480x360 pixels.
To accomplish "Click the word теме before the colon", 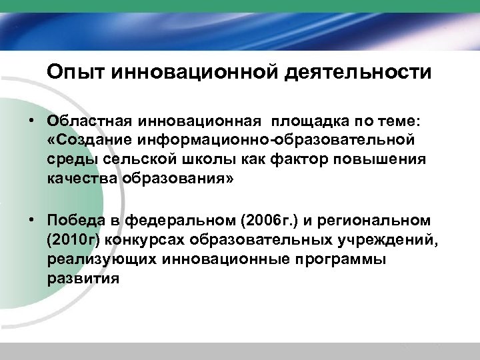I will (x=395, y=121).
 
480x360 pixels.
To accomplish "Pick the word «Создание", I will (x=87, y=141).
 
